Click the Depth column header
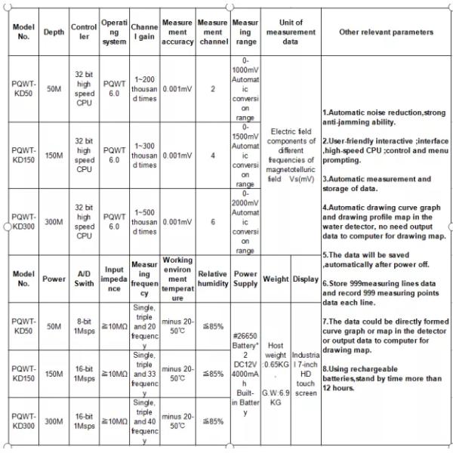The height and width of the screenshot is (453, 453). [54, 32]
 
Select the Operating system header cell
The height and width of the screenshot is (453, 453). [113, 32]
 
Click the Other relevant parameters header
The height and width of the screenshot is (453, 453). [386, 32]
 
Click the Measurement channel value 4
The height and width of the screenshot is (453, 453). [212, 156]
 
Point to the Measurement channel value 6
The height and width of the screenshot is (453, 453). [212, 222]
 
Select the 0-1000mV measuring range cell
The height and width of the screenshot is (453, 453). [245, 89]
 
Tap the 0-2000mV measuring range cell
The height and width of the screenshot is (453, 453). [245, 222]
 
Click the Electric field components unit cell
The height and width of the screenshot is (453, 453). [291, 156]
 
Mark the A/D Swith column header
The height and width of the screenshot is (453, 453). [84, 279]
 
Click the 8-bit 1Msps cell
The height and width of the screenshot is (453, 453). [84, 325]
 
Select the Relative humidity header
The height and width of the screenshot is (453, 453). [212, 279]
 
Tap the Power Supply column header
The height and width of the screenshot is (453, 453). [245, 279]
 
